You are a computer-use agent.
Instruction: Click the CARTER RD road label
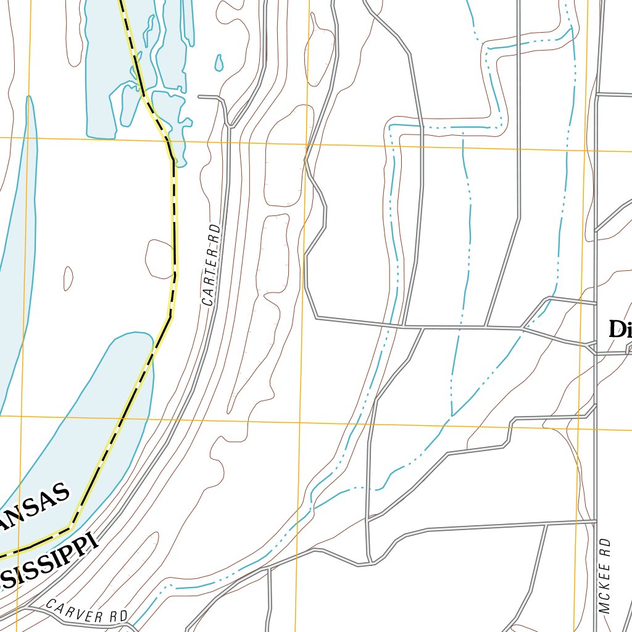211,265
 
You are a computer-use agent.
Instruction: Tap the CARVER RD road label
86,610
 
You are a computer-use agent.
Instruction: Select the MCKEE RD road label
605,575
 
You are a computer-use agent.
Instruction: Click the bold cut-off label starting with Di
619,329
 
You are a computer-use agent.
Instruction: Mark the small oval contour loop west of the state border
69,278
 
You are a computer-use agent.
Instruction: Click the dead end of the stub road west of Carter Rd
199,97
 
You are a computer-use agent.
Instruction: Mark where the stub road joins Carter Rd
230,125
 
